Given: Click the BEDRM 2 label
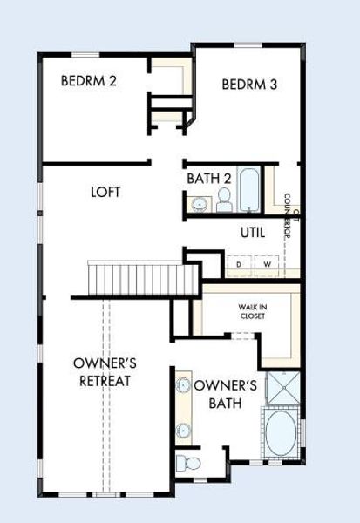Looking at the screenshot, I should click(89, 81).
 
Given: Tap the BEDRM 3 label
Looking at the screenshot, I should click(249, 85).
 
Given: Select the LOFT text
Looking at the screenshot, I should click(105, 192).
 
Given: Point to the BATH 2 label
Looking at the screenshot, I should click(208, 179).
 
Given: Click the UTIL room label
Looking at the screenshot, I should click(254, 233).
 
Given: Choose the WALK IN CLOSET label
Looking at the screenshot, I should click(252, 311).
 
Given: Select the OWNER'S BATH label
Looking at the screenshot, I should click(225, 394).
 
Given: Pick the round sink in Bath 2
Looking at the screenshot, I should click(200, 205).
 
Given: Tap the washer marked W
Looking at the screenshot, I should click(268, 262).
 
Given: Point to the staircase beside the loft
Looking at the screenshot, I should click(144, 279).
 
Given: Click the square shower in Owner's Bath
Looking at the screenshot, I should click(282, 389).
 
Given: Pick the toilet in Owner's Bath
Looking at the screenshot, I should click(189, 461).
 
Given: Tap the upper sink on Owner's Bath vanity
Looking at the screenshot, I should click(184, 384).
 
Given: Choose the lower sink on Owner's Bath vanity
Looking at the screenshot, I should click(184, 429).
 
